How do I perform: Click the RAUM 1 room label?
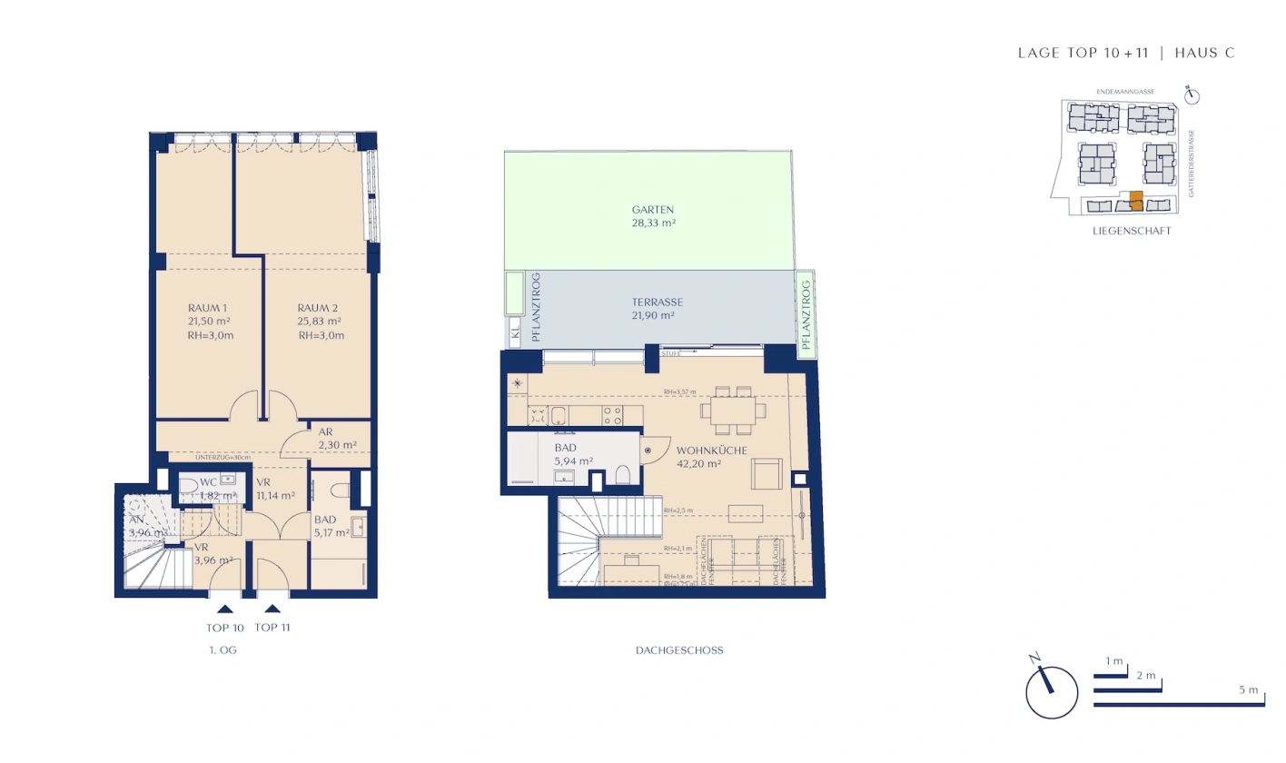208,308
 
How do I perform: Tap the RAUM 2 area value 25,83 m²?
320,322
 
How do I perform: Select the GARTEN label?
654,209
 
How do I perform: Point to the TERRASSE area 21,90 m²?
653,315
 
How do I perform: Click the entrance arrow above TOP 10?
224,609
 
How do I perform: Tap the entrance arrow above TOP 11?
272,609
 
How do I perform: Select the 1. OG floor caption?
223,650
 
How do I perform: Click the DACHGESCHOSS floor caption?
680,650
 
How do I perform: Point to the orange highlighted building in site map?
1135,201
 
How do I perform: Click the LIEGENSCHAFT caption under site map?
1132,232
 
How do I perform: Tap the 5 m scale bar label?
1249,690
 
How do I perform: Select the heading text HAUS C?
1204,54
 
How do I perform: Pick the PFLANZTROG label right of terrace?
805,314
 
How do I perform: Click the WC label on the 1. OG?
207,481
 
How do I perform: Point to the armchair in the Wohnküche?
767,473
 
